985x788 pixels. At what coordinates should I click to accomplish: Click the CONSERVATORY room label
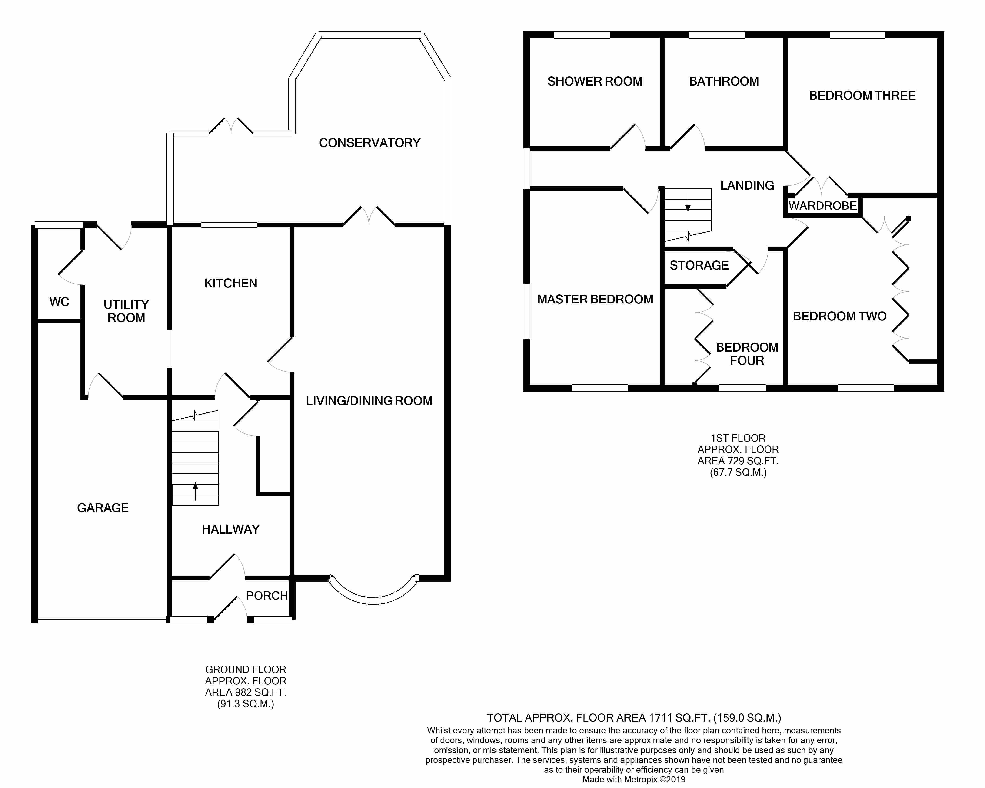click(369, 143)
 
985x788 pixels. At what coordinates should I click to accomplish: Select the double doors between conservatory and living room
click(369, 217)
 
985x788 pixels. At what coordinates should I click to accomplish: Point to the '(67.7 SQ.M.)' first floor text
click(738, 472)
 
